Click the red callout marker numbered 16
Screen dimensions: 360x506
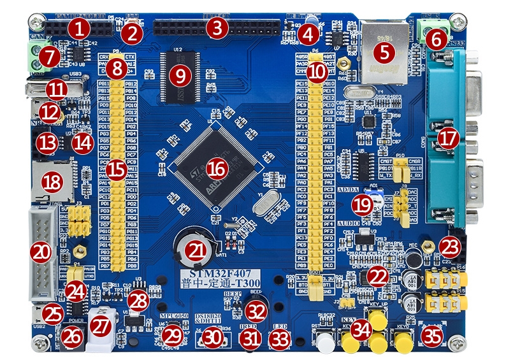(217, 168)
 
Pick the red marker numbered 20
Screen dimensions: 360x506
(41, 252)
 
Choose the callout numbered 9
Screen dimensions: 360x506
(180, 76)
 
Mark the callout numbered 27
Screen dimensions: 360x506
(100, 326)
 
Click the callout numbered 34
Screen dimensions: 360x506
(363, 329)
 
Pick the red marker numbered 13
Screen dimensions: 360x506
(47, 142)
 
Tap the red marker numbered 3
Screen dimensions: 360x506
(217, 27)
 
